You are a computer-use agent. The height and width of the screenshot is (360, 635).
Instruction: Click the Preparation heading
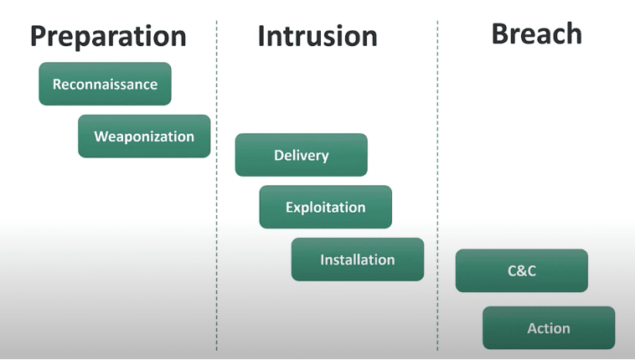pos(108,37)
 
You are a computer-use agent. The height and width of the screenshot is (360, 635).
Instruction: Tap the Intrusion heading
pos(317,36)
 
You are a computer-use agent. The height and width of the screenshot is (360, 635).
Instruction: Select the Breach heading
pos(537,33)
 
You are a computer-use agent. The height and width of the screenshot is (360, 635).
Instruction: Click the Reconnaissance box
pos(105,84)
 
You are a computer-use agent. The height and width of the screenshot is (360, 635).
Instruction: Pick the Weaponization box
pos(144,136)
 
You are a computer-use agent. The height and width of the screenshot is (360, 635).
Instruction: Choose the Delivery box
pos(302,155)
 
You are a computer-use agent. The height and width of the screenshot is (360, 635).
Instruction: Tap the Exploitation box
pos(326,207)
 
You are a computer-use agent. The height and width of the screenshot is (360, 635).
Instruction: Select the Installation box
pos(358,260)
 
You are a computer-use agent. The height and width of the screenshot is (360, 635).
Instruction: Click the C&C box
pos(522,270)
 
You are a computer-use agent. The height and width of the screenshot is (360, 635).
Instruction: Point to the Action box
pos(549,327)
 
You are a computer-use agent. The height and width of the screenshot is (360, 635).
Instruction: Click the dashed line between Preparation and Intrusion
pos(217,186)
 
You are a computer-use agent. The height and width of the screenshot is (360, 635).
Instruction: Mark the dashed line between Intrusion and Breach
pos(437,186)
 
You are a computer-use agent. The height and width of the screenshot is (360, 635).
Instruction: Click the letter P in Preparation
pos(39,36)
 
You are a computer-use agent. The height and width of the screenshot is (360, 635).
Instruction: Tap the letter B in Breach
pos(500,33)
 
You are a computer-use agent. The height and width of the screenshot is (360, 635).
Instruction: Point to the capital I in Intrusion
pos(261,36)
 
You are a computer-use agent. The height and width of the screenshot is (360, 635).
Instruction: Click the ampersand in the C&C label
pos(522,271)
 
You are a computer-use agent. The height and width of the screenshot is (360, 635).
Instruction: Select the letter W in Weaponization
pos(101,136)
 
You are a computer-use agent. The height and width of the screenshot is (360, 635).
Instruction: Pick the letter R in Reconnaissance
pos(57,85)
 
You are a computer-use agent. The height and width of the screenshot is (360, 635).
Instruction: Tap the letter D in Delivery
pos(279,155)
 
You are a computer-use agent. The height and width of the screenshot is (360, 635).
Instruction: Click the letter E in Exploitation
pos(290,208)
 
